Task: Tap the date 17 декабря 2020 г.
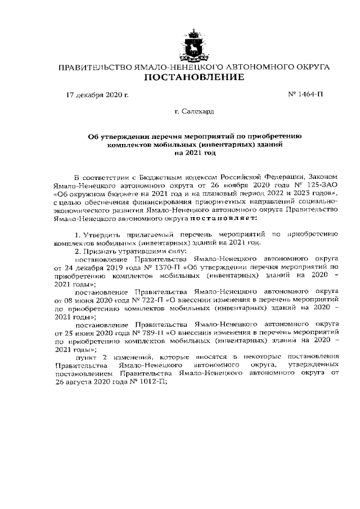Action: tap(97, 94)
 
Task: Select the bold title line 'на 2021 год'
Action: tap(195, 152)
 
